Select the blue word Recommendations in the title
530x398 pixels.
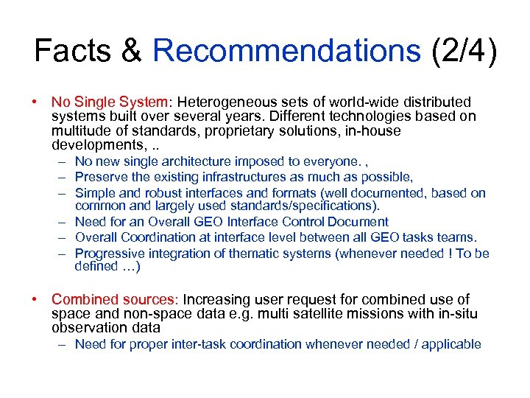click(x=286, y=51)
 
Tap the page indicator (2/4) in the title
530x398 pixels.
click(x=464, y=51)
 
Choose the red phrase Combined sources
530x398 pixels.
click(x=113, y=299)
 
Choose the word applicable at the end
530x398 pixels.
click(x=451, y=344)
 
